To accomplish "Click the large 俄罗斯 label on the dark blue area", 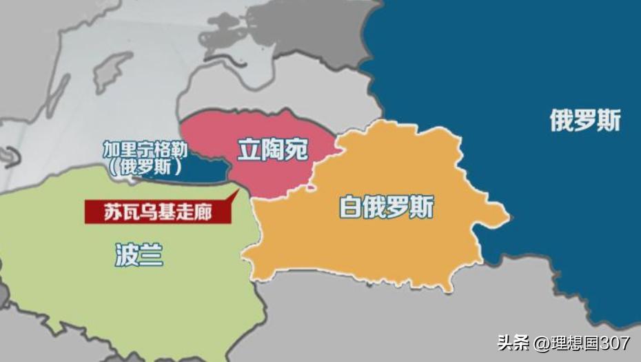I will click(x=584, y=121).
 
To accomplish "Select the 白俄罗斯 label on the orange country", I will click(x=387, y=206).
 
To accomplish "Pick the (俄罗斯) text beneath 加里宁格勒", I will click(x=144, y=166).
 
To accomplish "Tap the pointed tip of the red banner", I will click(x=237, y=192).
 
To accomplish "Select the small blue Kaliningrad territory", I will click(x=207, y=168).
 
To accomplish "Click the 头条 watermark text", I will click(x=513, y=343).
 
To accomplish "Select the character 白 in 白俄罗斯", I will click(x=352, y=206).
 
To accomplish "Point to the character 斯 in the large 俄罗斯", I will click(x=609, y=121).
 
